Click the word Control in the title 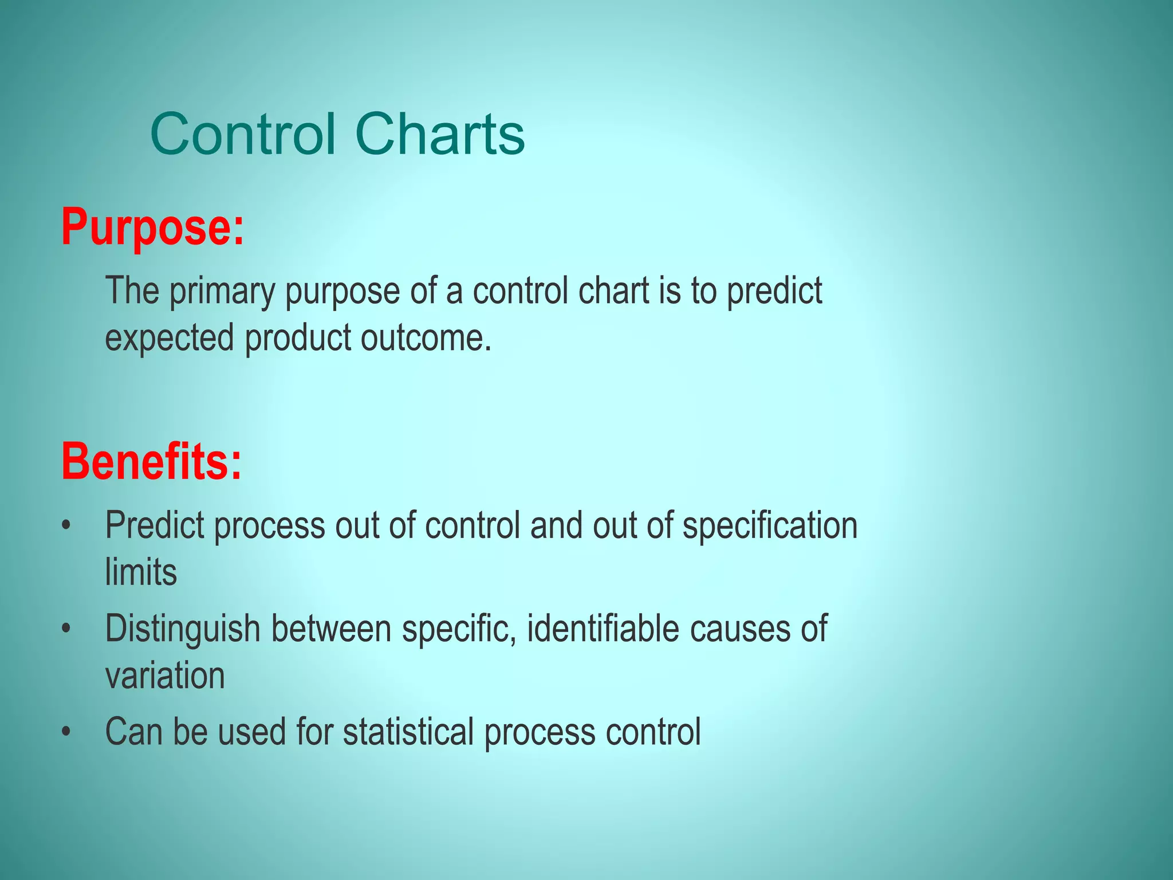[x=243, y=134]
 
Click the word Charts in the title [x=439, y=134]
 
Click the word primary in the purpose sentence [x=222, y=291]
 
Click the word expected [x=170, y=338]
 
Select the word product [x=298, y=338]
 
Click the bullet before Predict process [x=67, y=525]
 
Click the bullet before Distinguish [x=67, y=629]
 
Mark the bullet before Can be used [x=67, y=732]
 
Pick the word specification [x=770, y=525]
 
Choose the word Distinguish [x=183, y=629]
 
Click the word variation [x=165, y=676]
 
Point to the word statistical [x=408, y=732]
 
